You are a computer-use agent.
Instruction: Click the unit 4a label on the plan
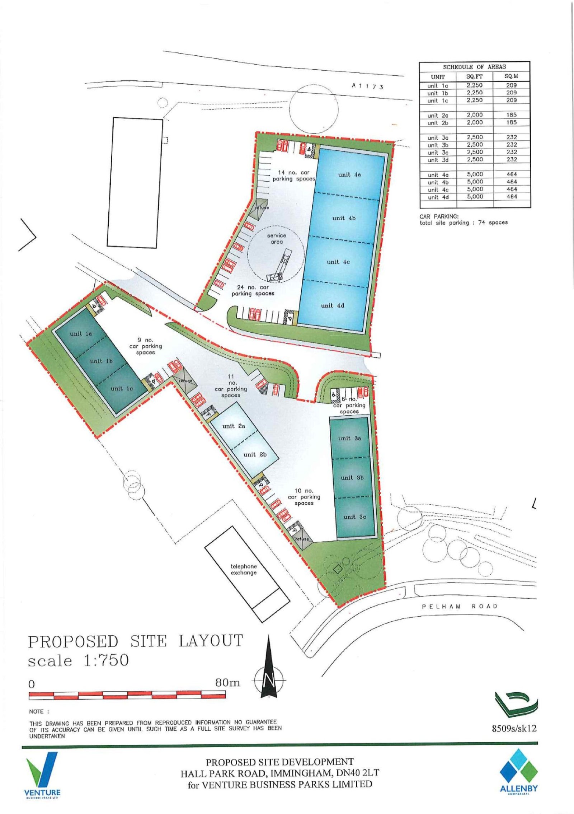[349, 175]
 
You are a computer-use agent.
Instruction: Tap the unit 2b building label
[255, 454]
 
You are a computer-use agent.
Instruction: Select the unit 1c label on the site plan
[122, 388]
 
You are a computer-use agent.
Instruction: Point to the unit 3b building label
[352, 477]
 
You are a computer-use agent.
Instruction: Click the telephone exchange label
[244, 569]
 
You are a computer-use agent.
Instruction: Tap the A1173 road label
[368, 86]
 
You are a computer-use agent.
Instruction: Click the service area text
[277, 239]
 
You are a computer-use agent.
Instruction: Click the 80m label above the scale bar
[228, 682]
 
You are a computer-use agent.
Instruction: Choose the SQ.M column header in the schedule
[512, 77]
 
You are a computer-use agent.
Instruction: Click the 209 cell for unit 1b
[512, 93]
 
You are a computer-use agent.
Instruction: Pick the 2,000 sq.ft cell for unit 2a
[475, 115]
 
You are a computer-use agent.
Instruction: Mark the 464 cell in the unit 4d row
[512, 196]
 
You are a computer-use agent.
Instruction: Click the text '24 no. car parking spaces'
[253, 290]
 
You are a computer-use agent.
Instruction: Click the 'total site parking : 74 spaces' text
[464, 223]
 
